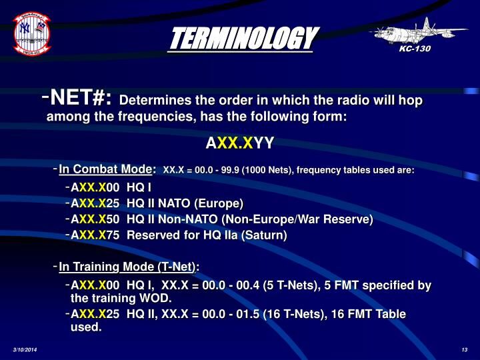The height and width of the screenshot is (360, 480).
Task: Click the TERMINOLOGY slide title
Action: coord(241,39)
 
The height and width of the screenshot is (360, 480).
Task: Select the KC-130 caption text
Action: coord(417,49)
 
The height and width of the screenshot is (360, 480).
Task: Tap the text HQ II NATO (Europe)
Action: coord(185,203)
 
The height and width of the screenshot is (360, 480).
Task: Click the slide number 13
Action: coord(464,351)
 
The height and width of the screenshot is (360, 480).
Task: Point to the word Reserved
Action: coord(153,235)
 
